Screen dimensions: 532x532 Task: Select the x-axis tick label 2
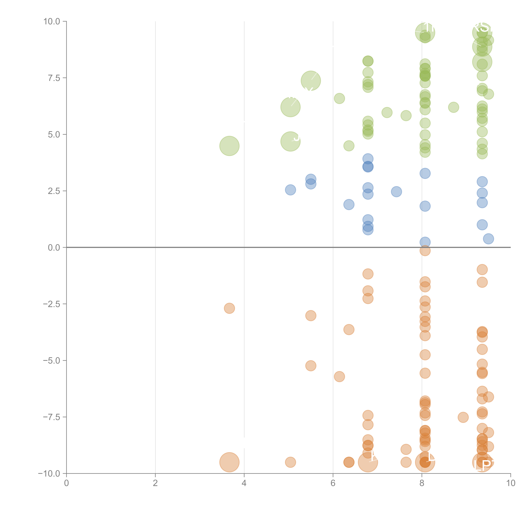tap(155, 483)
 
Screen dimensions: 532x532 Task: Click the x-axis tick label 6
tap(333, 483)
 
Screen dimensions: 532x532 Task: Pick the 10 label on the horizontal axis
tap(511, 483)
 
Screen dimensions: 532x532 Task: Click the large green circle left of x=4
tap(229, 146)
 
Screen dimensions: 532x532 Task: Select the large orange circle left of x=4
tap(229, 462)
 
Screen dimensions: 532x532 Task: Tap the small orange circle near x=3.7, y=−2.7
tap(229, 308)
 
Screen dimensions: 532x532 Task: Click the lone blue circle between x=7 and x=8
tap(396, 192)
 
